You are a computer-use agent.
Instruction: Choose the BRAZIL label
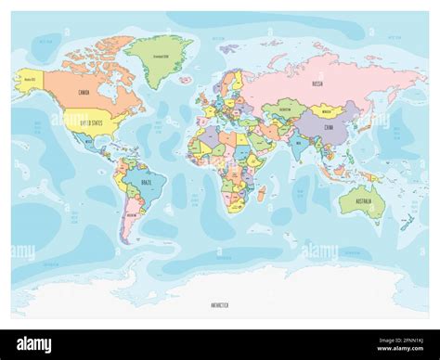click(x=145, y=184)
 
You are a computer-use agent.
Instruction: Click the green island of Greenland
click(x=160, y=55)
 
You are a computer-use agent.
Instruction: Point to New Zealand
click(x=405, y=223)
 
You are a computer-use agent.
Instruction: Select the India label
click(x=298, y=143)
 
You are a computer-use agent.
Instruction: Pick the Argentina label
click(x=131, y=216)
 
